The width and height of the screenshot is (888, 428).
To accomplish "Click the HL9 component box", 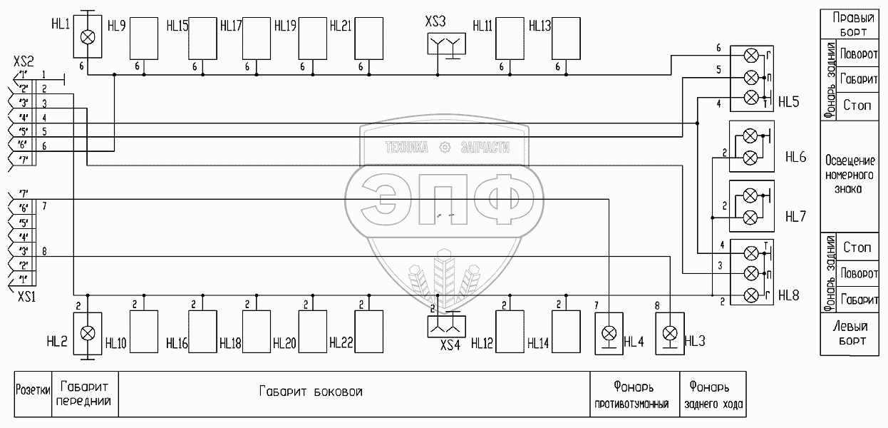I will point(143,36).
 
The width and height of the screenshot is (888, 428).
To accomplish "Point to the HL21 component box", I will point(368,36).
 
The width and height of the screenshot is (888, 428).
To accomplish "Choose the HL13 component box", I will point(566,36).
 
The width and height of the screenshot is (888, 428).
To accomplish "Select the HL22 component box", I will point(368,332).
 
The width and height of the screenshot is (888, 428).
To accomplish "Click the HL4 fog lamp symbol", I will point(609,333).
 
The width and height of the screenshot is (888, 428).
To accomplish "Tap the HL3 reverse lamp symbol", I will point(670,333).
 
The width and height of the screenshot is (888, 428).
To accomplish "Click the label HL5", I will point(789,102).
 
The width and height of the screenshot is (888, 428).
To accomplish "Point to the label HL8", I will point(789,294).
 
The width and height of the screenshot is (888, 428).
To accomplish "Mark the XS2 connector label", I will point(24,63).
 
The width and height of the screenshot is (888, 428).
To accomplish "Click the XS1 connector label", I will point(28,295).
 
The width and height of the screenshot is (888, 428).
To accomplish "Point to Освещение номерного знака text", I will point(850,175).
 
